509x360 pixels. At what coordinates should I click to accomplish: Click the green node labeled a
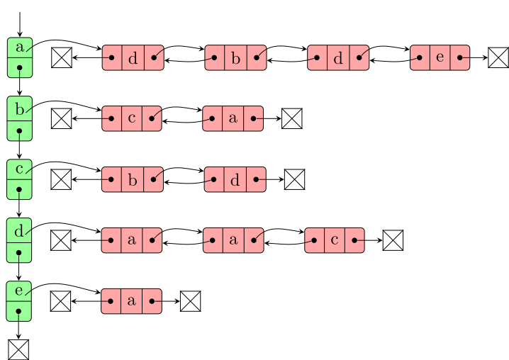coord(20,57)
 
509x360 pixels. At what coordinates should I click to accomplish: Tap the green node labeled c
coord(20,179)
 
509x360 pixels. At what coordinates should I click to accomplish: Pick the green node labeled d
coord(20,240)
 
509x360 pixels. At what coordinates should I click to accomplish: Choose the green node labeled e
coord(20,300)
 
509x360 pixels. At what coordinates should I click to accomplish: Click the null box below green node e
coord(19,349)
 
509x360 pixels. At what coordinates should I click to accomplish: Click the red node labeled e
coord(440,57)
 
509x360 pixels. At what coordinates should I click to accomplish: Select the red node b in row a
coord(235,57)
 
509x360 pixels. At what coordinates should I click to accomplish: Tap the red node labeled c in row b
coord(132,118)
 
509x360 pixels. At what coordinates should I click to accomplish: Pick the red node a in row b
coord(233,118)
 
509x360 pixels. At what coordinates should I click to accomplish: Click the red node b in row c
coord(133,179)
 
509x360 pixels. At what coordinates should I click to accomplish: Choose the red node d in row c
coord(235,179)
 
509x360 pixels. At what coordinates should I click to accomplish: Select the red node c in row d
coord(335,240)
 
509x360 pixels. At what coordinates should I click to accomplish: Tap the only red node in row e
coord(131,301)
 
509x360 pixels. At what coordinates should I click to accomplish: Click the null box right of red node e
coord(498,57)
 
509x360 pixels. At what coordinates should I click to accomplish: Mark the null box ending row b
coord(292,118)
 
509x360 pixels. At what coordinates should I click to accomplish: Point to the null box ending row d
coord(393,241)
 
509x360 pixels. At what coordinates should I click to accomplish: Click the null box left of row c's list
coord(61,179)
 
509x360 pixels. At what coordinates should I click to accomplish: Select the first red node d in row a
coord(133,57)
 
